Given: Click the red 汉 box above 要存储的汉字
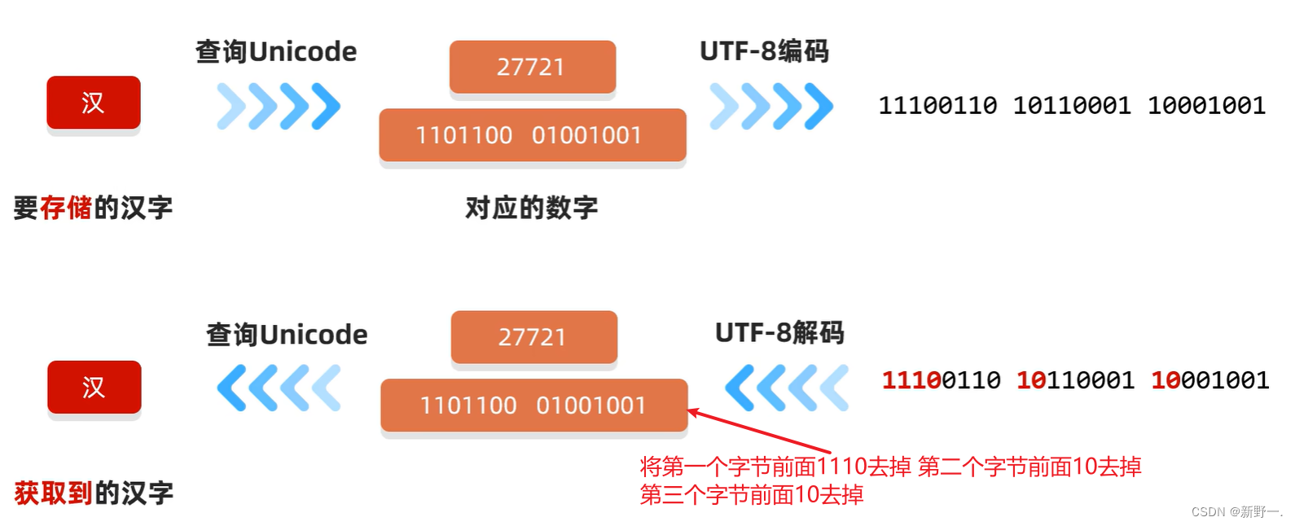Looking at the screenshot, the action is [x=93, y=103].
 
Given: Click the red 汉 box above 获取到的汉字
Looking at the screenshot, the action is [x=94, y=387].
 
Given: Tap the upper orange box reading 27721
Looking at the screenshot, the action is [x=532, y=67].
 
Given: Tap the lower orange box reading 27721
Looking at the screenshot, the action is [x=533, y=337].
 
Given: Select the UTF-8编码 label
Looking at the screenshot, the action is [x=764, y=51].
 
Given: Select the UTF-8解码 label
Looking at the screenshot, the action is [x=779, y=333].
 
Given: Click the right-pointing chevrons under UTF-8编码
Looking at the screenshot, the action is [x=771, y=106].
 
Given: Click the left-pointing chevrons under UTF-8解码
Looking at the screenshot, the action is [x=786, y=388].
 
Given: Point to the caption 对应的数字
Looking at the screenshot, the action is [x=531, y=208].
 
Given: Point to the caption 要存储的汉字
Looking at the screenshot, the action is [x=93, y=208].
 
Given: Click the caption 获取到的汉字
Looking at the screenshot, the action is [x=94, y=493].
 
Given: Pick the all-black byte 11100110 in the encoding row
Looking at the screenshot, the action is [x=937, y=106].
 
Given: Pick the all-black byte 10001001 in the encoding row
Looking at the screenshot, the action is [x=1206, y=106].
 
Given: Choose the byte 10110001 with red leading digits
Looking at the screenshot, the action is [x=1075, y=380].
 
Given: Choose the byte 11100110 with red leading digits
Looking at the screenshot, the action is [x=941, y=380].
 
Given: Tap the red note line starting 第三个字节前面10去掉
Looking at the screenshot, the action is [x=751, y=494].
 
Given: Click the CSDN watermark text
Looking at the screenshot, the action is [x=1236, y=511].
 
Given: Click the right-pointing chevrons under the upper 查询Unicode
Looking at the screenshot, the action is [x=279, y=106].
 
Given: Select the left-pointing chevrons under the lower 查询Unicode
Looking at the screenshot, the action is [x=279, y=388].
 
